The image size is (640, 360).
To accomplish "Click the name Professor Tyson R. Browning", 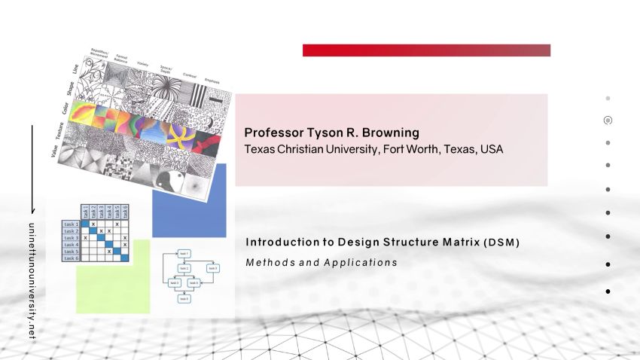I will pos(331,133).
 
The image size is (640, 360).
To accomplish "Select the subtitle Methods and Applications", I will pos(322,263).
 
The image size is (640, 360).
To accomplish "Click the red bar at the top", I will pos(426,50).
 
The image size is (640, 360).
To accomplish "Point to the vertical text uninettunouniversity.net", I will pos(32,279).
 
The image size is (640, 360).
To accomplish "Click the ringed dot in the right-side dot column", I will pos(608,120).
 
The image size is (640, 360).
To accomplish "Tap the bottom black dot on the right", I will pos(608,291).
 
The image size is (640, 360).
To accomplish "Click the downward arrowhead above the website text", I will pos(32,210).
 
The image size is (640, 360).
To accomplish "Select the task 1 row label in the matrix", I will pos(71,224).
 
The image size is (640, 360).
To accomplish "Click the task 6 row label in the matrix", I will pos(71,258).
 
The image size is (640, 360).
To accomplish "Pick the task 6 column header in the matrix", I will pos(125,212).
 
